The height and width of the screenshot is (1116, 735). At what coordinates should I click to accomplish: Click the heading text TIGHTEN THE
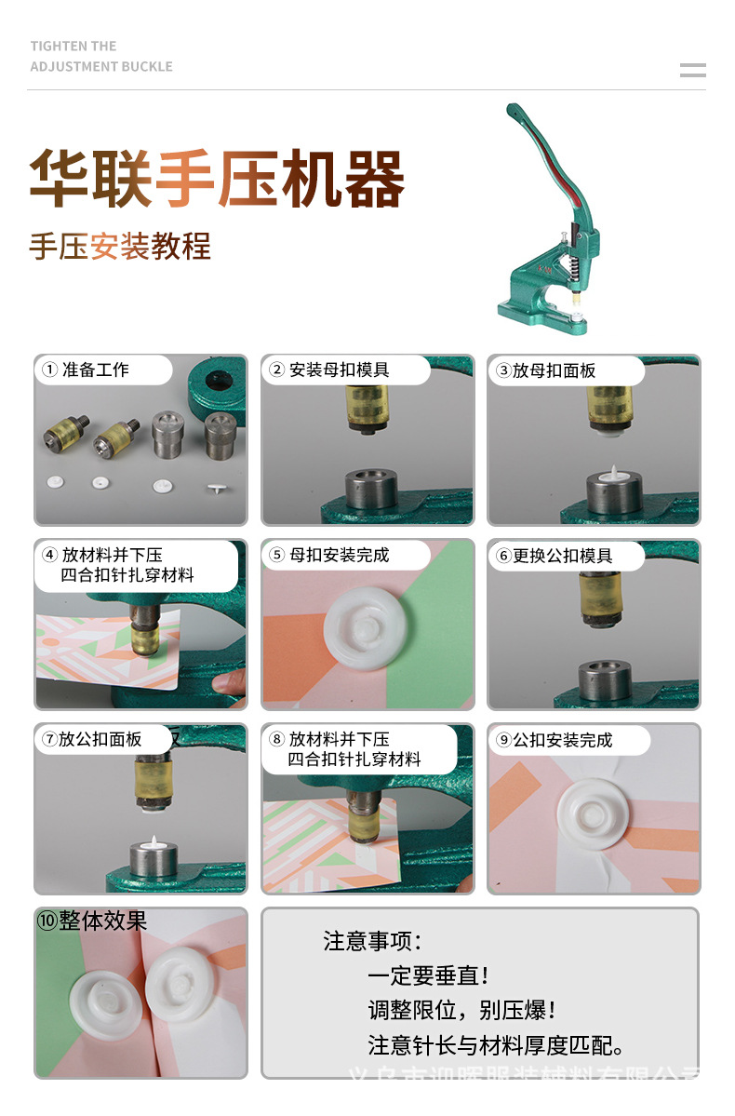[73, 46]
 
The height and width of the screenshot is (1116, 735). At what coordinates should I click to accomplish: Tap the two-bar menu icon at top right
[692, 70]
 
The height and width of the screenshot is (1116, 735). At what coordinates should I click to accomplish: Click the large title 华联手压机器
[217, 178]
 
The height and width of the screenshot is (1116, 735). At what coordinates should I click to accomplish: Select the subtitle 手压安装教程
[120, 246]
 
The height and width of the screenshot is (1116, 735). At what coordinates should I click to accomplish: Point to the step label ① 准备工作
[86, 370]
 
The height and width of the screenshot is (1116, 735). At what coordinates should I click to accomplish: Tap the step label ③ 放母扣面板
[545, 370]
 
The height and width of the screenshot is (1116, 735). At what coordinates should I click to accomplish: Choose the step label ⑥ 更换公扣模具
[555, 556]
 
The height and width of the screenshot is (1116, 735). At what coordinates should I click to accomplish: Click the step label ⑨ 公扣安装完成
[555, 740]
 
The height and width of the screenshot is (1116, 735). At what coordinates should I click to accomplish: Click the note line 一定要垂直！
[429, 975]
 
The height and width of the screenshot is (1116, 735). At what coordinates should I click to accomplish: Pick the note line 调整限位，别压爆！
[462, 1010]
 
